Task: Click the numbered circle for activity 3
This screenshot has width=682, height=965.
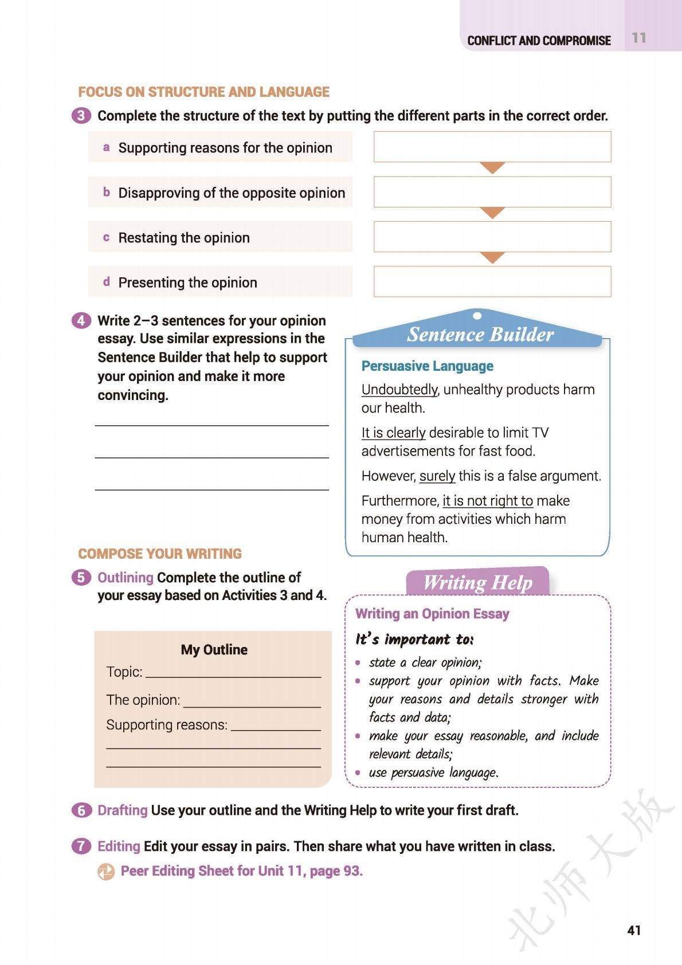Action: pos(81,116)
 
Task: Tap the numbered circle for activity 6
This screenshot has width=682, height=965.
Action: pos(81,810)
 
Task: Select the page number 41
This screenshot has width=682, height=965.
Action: pos(634,930)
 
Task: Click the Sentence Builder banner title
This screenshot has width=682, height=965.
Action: pos(480,335)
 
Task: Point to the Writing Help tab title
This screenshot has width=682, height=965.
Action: pos(477,583)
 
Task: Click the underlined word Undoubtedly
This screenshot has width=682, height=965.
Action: pos(399,390)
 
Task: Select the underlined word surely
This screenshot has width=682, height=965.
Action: pos(437,476)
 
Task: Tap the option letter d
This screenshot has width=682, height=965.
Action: pos(106,282)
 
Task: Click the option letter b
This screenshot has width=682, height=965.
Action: pos(106,193)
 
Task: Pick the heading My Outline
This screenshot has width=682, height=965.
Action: pos(214,650)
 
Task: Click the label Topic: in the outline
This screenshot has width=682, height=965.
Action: pos(124,672)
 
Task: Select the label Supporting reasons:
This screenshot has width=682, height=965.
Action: pos(167,725)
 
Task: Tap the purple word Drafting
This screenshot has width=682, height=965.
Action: pos(123,810)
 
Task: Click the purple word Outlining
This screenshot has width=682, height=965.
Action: pos(126,578)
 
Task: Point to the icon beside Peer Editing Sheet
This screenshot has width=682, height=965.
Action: pos(106,872)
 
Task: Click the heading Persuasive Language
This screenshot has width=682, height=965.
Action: pos(427,366)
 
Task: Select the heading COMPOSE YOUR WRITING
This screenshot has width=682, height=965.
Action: pos(160,554)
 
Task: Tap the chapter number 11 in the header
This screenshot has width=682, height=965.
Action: pos(639,38)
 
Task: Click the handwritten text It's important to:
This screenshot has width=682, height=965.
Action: pos(414,640)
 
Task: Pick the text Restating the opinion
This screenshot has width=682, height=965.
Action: pos(184,238)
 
